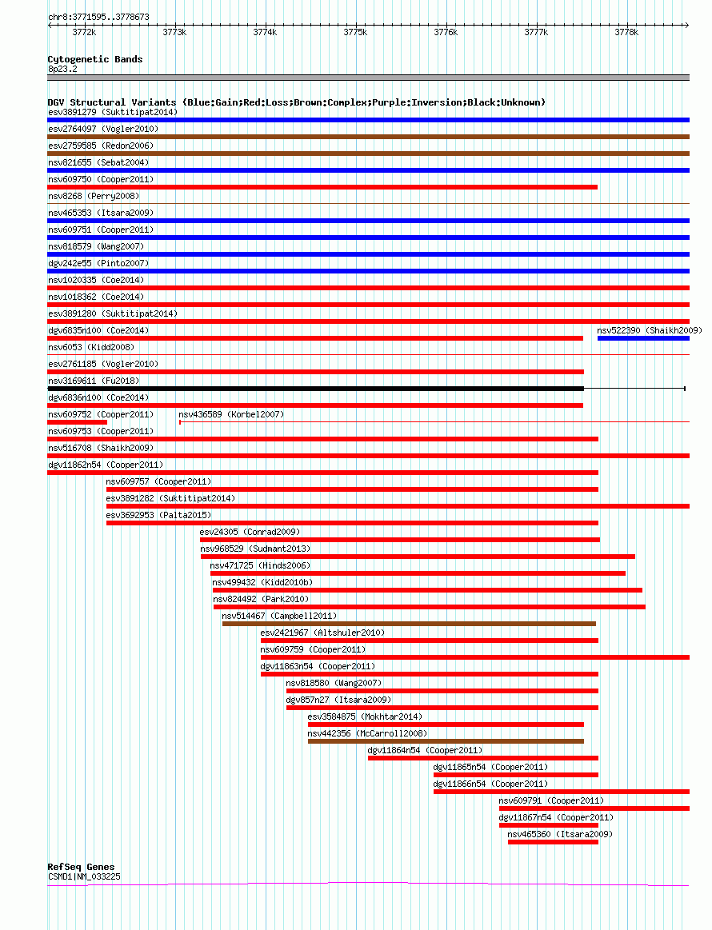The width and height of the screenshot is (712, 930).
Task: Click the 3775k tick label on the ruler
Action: pyautogui.click(x=355, y=32)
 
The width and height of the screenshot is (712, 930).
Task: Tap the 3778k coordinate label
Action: pyautogui.click(x=626, y=32)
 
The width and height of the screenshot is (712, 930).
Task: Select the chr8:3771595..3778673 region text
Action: pyautogui.click(x=98, y=18)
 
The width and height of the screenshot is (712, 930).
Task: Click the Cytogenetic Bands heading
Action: pyautogui.click(x=95, y=59)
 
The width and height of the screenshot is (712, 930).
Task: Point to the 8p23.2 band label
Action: pyautogui.click(x=62, y=69)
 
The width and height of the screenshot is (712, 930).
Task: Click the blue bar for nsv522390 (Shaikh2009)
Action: pyautogui.click(x=643, y=338)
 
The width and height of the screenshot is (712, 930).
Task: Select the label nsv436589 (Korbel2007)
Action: pyautogui.click(x=231, y=414)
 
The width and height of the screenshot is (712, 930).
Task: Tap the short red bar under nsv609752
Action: pyautogui.click(x=77, y=422)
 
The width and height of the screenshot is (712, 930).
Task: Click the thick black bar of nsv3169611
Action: pyautogui.click(x=316, y=389)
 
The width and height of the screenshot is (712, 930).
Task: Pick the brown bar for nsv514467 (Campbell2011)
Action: pyautogui.click(x=409, y=624)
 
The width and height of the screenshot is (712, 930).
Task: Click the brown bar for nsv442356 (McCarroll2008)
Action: pyautogui.click(x=446, y=741)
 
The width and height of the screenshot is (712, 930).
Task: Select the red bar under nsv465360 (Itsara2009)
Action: pyautogui.click(x=553, y=842)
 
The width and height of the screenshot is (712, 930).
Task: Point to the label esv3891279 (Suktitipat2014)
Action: pyautogui.click(x=113, y=112)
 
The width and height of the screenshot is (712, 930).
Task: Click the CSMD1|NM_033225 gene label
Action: pyautogui.click(x=84, y=876)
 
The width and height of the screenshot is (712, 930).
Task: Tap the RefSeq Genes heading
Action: pyautogui.click(x=81, y=867)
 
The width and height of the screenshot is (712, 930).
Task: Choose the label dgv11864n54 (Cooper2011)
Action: pyautogui.click(x=425, y=750)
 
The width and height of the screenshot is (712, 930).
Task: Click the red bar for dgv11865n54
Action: pyautogui.click(x=516, y=775)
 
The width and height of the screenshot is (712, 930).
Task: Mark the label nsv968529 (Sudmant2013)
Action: pyautogui.click(x=255, y=549)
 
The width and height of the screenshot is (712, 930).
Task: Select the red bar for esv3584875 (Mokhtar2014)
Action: pyautogui.click(x=446, y=724)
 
